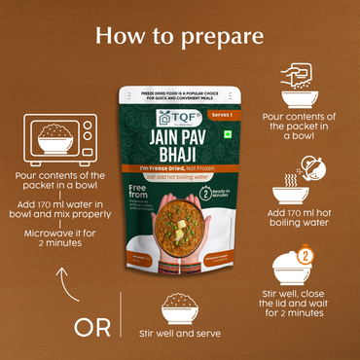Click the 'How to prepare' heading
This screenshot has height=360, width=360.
coord(179,36)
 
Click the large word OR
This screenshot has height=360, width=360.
coord(92,326)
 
